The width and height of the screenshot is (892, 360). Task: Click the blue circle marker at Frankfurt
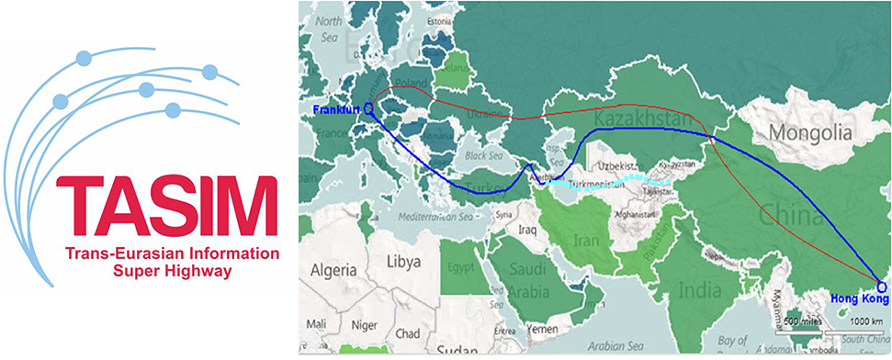tap(368, 108)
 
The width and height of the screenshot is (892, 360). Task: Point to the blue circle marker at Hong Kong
tap(882, 287)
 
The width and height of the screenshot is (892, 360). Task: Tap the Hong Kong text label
tap(860, 299)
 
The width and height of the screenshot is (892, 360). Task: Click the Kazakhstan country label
tap(640, 120)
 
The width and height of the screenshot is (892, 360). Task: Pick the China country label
tap(789, 218)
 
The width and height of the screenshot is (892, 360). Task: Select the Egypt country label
tap(463, 270)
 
